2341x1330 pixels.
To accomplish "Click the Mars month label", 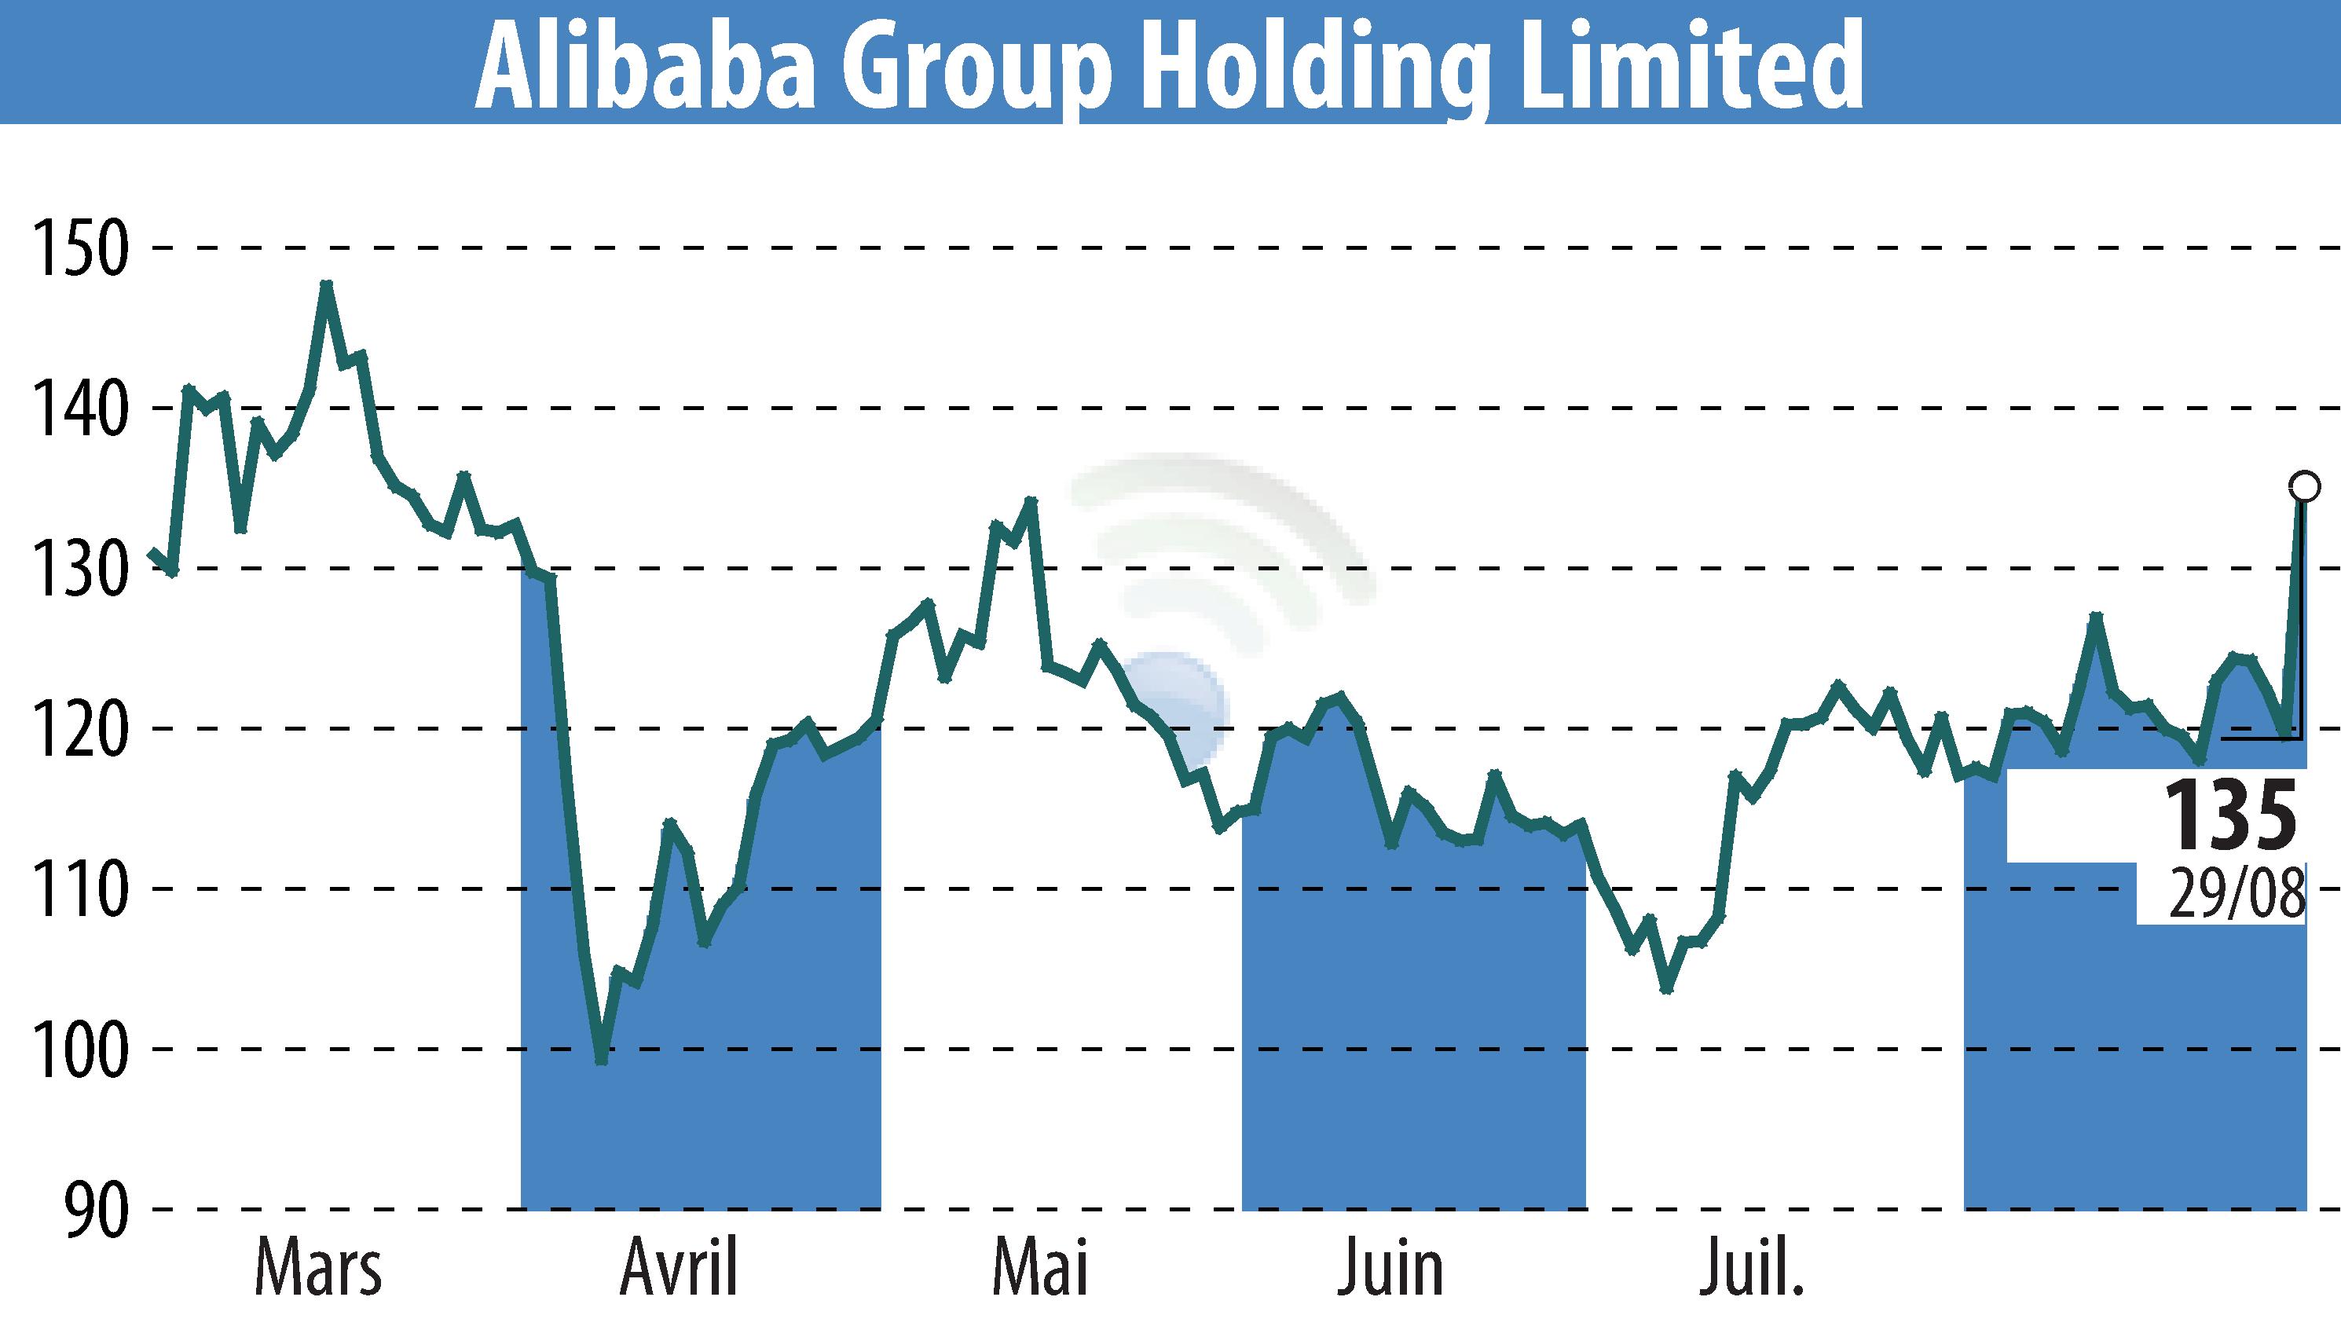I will pos(318,1269).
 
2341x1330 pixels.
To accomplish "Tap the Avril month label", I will pos(679,1269).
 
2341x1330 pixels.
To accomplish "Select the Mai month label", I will pos(1039,1269).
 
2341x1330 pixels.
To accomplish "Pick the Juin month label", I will pos(1390,1269).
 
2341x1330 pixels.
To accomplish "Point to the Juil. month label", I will pos(1752,1269).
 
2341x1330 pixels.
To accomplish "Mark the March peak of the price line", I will pos(326,285).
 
